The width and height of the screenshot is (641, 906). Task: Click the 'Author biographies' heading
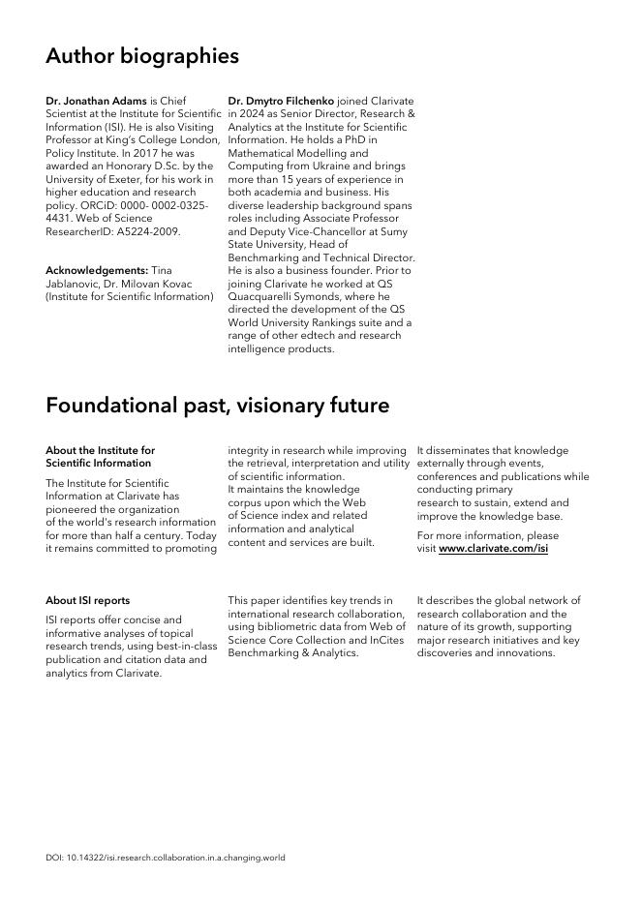(x=142, y=56)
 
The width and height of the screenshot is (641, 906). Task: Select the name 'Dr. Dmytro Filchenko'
(x=281, y=101)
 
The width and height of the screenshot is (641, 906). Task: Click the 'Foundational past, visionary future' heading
(x=217, y=406)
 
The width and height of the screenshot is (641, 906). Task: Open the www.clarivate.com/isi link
(x=493, y=549)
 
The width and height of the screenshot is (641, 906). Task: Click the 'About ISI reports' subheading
(x=87, y=600)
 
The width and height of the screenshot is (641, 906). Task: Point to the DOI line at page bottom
(x=166, y=858)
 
